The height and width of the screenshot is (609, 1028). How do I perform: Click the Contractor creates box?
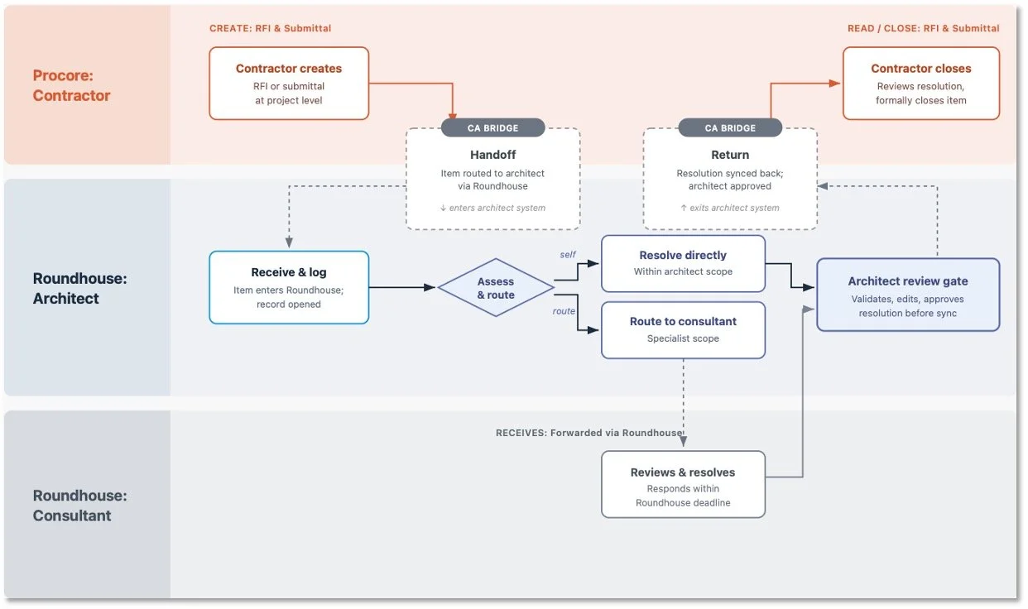(x=289, y=84)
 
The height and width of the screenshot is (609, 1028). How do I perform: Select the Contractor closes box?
(x=921, y=84)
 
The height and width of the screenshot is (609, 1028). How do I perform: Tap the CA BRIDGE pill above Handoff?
(x=492, y=128)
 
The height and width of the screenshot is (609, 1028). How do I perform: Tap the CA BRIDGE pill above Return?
(x=730, y=128)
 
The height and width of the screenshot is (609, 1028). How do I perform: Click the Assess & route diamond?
(x=496, y=288)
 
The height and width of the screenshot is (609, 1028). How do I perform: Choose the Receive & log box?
(x=289, y=287)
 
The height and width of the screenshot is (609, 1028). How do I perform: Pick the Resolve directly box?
(x=683, y=263)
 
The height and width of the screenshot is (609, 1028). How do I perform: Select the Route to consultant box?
(x=683, y=330)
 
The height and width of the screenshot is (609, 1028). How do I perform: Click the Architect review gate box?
(x=908, y=295)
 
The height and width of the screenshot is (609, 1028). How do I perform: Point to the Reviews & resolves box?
(x=683, y=484)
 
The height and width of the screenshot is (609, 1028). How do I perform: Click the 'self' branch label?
(x=568, y=254)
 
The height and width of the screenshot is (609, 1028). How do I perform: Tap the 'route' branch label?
(x=564, y=310)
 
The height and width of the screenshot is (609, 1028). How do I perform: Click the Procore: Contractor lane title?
(x=71, y=85)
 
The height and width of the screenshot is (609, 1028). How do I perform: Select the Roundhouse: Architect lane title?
(x=79, y=288)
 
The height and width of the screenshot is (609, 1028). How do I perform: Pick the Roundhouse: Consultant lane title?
(x=79, y=506)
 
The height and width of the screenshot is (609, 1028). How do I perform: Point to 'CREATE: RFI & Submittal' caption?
(x=271, y=28)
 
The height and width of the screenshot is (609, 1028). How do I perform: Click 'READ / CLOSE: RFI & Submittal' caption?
(x=924, y=28)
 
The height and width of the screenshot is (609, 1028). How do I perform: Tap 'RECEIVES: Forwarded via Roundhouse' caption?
(x=589, y=433)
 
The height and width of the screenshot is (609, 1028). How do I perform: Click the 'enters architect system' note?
(x=492, y=208)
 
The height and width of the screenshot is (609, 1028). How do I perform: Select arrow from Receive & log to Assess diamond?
(x=402, y=287)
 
